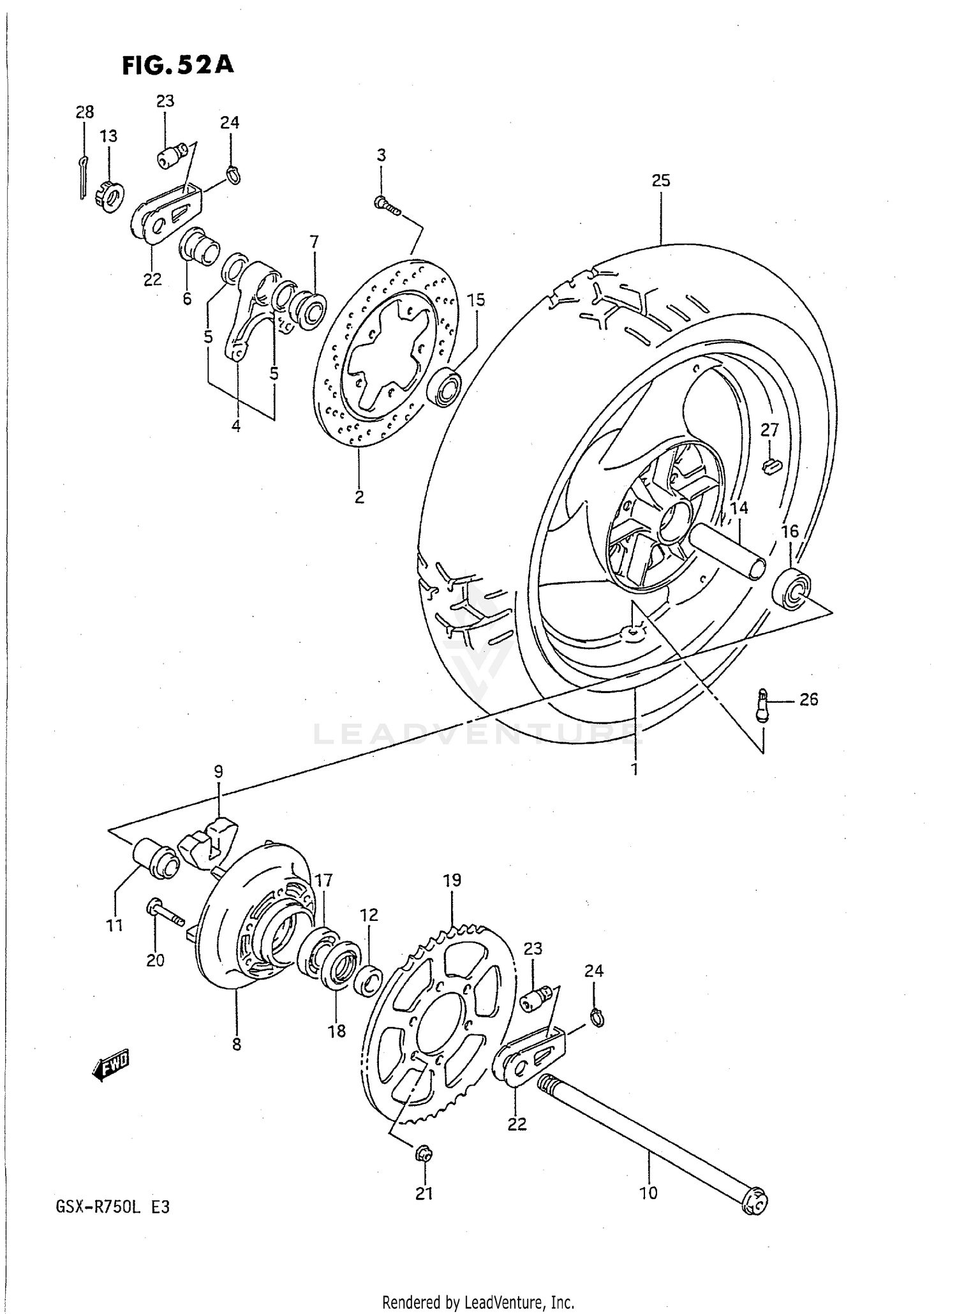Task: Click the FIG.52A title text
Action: click(178, 65)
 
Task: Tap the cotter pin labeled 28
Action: click(83, 177)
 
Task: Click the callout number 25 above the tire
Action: click(661, 181)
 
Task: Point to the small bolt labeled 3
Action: click(385, 205)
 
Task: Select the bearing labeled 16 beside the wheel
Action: click(792, 588)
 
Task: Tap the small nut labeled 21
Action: click(424, 1154)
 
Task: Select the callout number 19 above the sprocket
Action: click(452, 881)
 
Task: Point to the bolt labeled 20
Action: click(165, 914)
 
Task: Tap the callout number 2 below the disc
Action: click(359, 496)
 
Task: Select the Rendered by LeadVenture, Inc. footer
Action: click(478, 1302)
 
